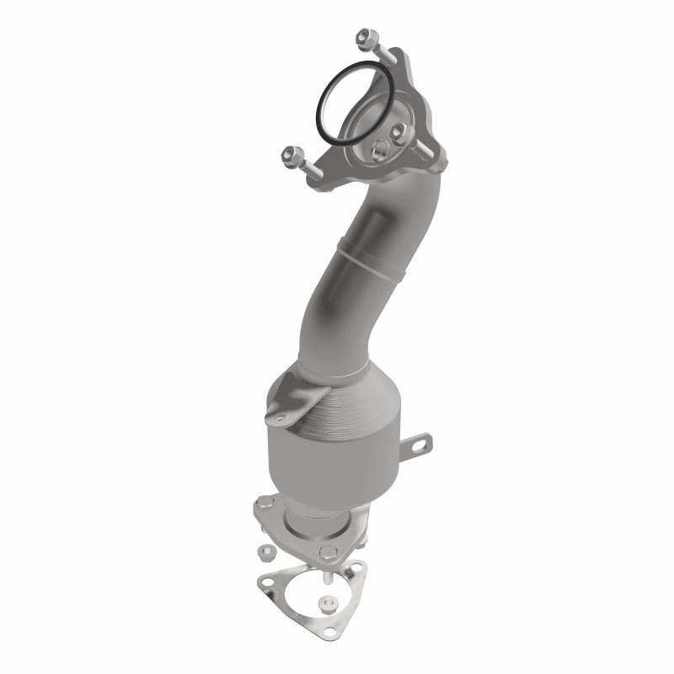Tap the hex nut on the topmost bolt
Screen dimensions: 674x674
[365, 38]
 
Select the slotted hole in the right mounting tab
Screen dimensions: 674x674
[419, 444]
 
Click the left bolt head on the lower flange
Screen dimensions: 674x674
[263, 509]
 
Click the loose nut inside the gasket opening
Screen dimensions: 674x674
[326, 603]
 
